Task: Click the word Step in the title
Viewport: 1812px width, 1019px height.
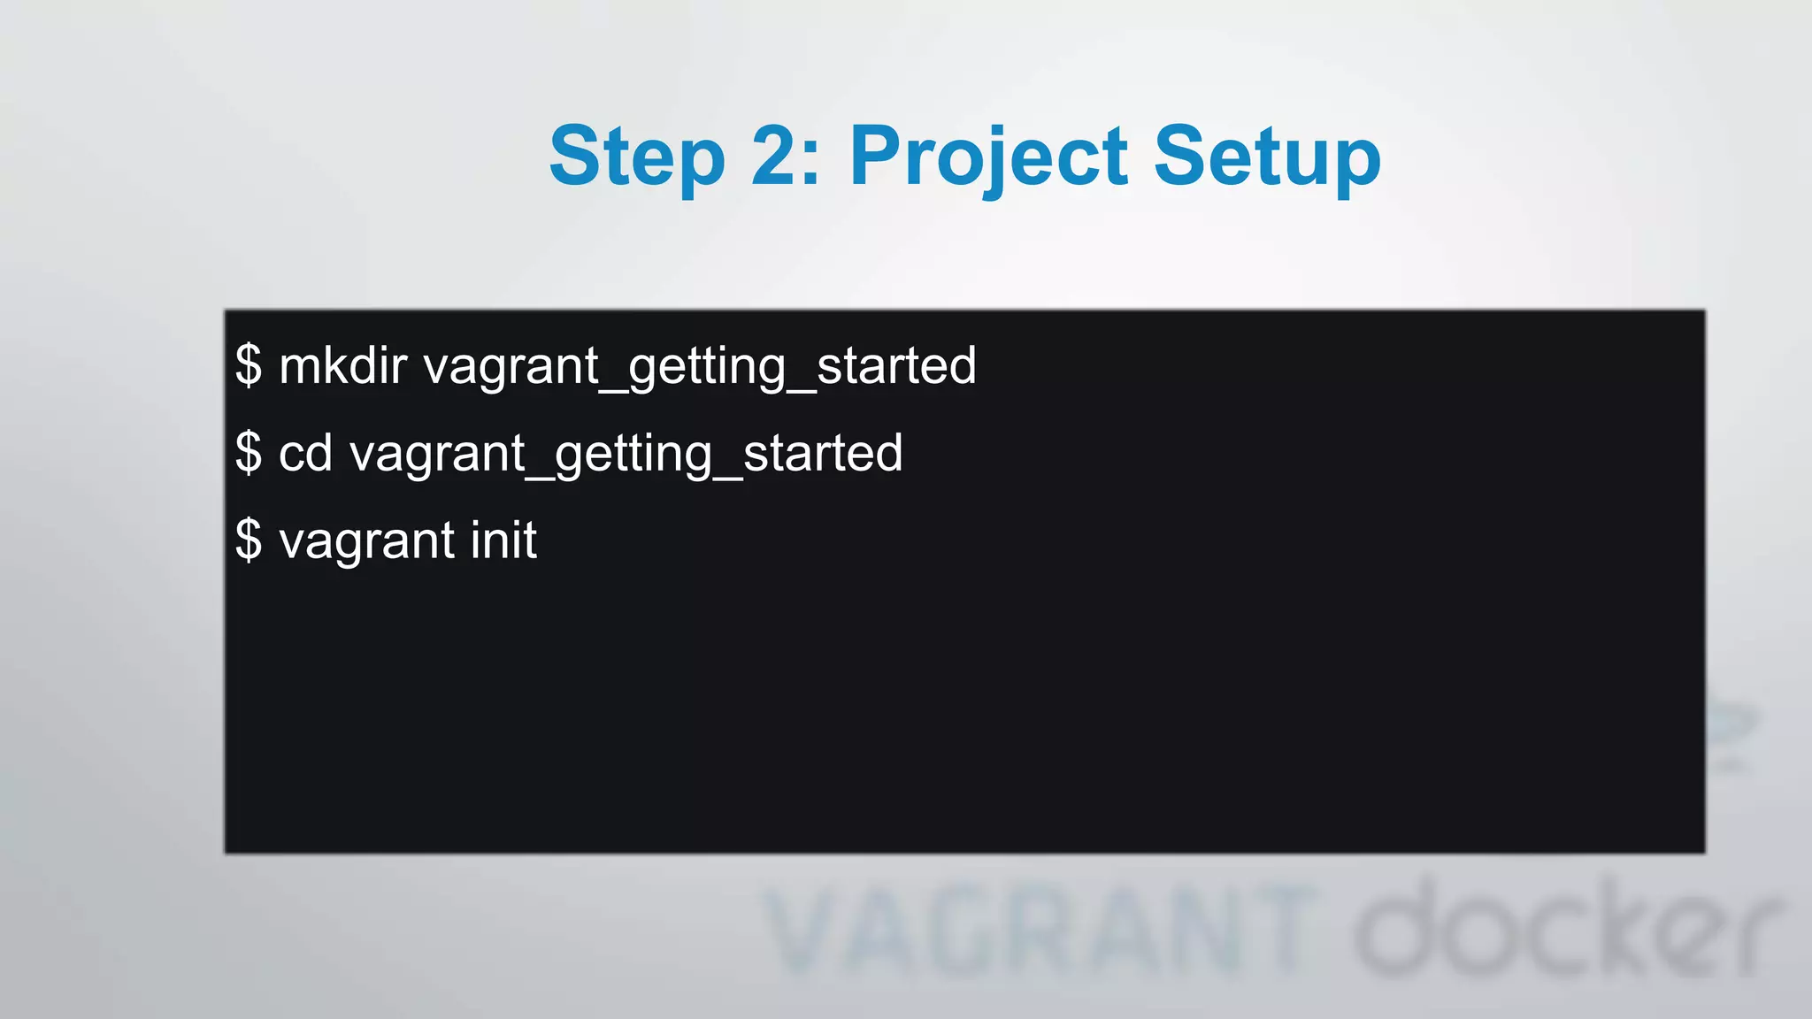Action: point(636,157)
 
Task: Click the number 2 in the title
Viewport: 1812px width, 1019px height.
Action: point(776,157)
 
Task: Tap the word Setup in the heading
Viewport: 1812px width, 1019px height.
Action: point(1266,157)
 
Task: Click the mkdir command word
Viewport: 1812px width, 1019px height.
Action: point(342,365)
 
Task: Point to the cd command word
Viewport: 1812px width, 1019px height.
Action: point(305,453)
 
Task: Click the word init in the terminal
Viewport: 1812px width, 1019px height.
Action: point(503,540)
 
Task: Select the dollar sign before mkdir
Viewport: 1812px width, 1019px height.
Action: point(249,365)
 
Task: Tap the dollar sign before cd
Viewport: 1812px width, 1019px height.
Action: point(249,453)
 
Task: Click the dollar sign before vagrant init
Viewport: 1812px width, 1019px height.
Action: point(249,540)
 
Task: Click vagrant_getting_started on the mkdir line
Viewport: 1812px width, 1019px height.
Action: point(700,365)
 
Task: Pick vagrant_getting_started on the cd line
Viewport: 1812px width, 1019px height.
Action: point(626,453)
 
